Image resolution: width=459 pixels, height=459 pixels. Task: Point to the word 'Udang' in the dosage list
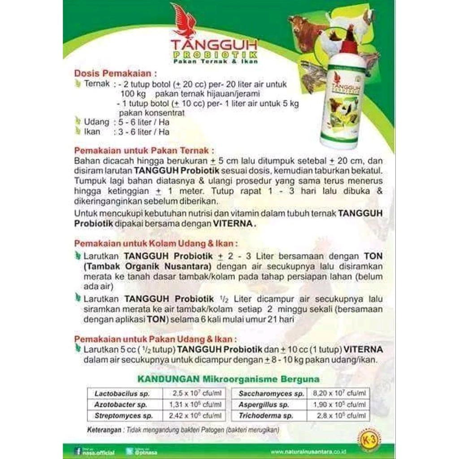coord(96,122)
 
